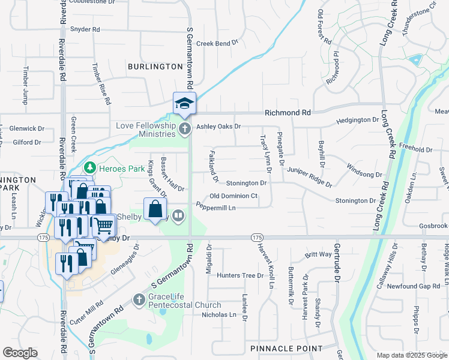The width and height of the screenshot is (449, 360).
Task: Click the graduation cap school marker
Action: tap(184, 103)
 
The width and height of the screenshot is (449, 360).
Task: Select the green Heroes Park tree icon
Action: tap(90, 166)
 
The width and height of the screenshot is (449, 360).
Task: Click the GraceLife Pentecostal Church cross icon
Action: tap(139, 299)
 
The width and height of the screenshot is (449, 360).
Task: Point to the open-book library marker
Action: tap(178, 215)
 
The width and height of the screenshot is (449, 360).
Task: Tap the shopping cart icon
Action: tap(103, 225)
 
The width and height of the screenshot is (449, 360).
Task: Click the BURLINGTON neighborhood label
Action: tap(154, 67)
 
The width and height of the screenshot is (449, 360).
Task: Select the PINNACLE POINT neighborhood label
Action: tap(286, 349)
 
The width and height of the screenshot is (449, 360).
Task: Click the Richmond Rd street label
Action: tap(288, 112)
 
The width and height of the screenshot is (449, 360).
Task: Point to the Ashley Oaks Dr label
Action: tap(218, 127)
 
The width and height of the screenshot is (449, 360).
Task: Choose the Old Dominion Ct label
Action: tap(234, 196)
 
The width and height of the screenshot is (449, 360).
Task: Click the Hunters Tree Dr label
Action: tap(240, 275)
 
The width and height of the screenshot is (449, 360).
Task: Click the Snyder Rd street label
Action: tap(85, 29)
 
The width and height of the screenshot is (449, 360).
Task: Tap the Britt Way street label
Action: tap(318, 254)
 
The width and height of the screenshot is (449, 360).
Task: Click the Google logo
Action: tap(20, 353)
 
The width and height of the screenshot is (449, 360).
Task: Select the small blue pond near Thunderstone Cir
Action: tap(414, 59)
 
